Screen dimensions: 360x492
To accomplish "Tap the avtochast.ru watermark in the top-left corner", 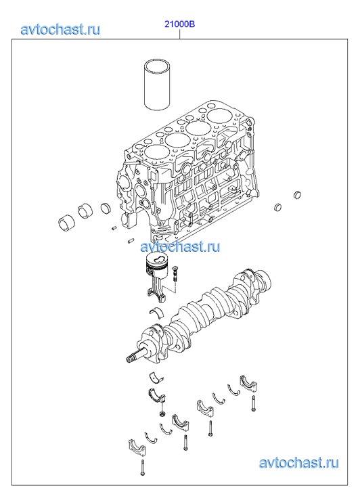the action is click(x=60, y=29).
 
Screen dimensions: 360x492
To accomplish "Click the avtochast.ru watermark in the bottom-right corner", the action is click(x=299, y=462).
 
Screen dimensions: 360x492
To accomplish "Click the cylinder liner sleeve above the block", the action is click(x=157, y=85).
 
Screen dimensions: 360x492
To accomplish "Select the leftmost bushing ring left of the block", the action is click(x=66, y=223).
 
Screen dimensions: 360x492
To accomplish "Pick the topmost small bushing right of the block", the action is click(x=297, y=195).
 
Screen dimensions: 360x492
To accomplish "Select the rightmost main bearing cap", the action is click(x=248, y=383).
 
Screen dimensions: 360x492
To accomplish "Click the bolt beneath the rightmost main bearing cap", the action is click(x=253, y=403).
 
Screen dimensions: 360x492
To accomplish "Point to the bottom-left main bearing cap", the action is click(x=136, y=449).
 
